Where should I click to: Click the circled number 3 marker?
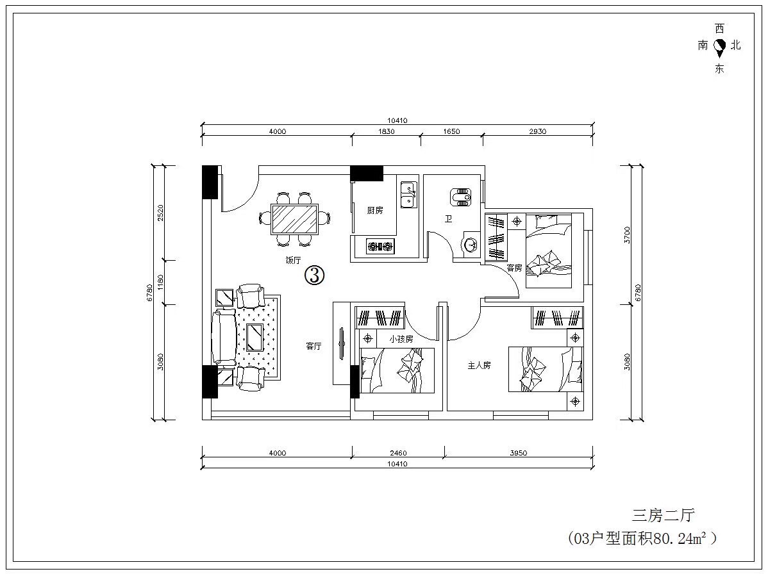315,275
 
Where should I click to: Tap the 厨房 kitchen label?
374,210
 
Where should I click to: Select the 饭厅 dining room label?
293,260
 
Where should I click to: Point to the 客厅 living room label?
313,346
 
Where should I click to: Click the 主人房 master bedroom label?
479,365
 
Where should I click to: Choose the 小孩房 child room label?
401,339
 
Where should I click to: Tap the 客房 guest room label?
514,268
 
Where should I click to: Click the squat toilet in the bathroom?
460,197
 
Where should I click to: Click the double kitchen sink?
408,194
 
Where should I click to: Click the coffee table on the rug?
255,337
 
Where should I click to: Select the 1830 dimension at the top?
386,131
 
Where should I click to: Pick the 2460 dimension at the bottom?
398,453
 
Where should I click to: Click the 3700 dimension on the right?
628,235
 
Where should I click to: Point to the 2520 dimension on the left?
160,213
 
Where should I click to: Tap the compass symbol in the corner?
719,47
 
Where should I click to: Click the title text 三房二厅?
663,515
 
